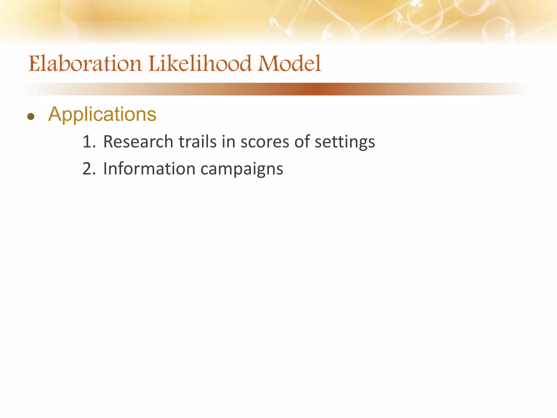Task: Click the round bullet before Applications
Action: click(x=31, y=117)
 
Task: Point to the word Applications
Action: click(x=102, y=114)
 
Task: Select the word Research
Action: click(x=138, y=142)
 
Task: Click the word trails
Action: click(x=197, y=142)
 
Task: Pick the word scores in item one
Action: click(x=265, y=142)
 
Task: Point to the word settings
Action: click(x=345, y=142)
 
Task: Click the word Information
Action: click(x=149, y=169)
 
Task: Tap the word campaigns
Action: click(x=242, y=169)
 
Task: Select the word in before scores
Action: click(x=228, y=142)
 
